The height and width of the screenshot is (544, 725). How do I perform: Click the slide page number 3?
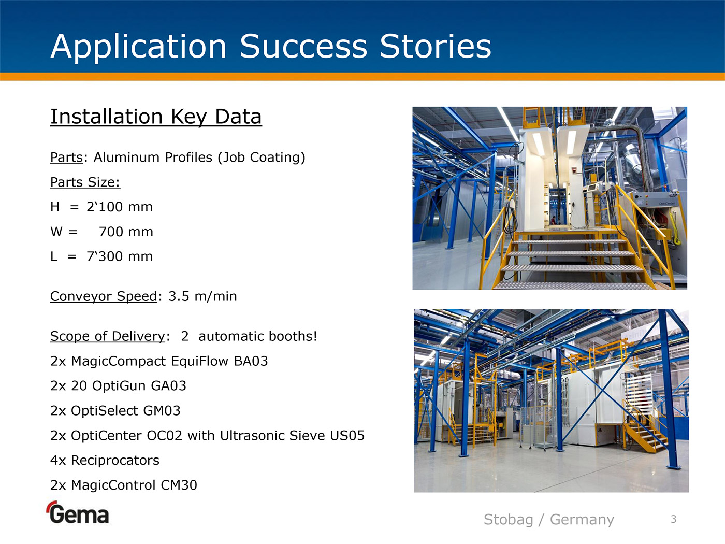point(674,519)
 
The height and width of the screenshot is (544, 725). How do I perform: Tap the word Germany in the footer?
point(582,520)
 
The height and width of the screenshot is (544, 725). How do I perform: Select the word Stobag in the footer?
point(509,520)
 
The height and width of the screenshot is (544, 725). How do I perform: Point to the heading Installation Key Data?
point(156,117)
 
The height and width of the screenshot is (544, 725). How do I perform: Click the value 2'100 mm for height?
point(120,207)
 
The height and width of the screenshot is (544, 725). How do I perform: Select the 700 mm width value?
point(126,232)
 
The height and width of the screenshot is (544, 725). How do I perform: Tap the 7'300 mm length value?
point(120,256)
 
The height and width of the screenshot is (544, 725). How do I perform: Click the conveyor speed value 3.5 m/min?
point(202,296)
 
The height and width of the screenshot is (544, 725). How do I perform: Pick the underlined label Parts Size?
point(85,182)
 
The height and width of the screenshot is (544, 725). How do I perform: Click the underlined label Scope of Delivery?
point(107,336)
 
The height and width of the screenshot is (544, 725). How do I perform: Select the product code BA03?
point(251,361)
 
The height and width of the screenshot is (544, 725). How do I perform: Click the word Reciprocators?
point(115,461)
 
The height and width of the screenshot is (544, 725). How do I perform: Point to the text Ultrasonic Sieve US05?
point(292,436)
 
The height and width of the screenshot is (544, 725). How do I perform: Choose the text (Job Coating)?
point(262,158)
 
